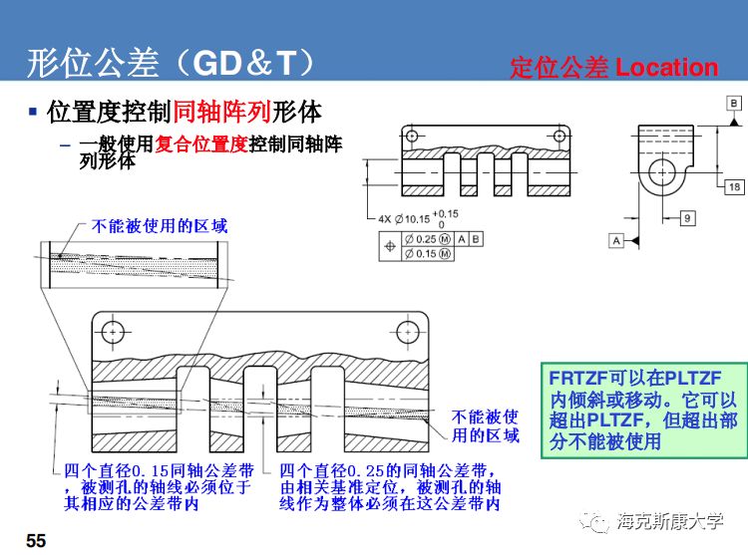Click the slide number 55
[x=36, y=540]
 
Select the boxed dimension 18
[x=734, y=187]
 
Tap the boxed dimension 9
[x=687, y=218]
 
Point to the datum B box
[x=733, y=103]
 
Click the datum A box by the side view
[x=616, y=240]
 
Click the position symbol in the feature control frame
[x=388, y=246]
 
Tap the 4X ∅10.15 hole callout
[x=419, y=218]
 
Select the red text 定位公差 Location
[x=613, y=68]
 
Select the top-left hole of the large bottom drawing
[x=113, y=331]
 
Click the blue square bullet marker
[x=33, y=111]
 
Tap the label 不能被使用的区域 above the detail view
[x=160, y=226]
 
